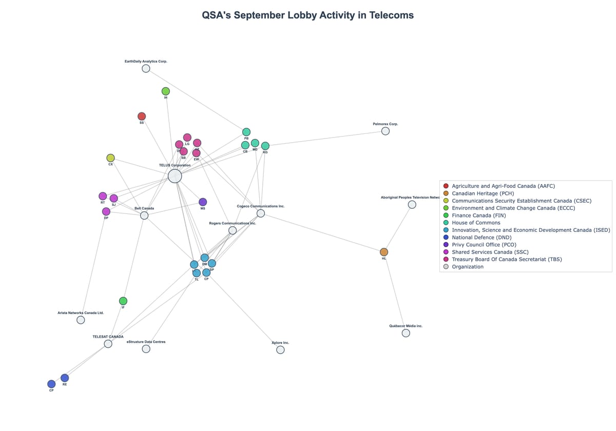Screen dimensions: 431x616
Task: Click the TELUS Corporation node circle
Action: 175,176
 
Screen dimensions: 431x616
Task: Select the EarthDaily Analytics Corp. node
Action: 146,68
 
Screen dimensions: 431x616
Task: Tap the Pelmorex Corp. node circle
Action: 386,131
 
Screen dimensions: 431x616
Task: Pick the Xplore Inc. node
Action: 280,350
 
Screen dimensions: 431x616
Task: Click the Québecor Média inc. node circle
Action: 406,333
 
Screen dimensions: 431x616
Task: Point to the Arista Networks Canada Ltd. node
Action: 81,320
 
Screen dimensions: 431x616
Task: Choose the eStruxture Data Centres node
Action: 146,349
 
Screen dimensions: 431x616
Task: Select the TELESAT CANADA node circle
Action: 108,344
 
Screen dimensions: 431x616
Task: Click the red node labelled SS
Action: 142,116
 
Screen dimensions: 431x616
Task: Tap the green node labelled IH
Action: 166,91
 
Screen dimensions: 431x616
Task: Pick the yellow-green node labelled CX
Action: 110,158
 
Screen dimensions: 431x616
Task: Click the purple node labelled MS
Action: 203,202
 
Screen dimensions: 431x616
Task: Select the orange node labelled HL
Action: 384,252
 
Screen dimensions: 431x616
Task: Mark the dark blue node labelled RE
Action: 65,378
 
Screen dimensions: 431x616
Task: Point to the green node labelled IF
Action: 123,301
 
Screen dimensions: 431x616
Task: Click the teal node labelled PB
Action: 246,132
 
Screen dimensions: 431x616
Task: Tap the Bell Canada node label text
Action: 144,209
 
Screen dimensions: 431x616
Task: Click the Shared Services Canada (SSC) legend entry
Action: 490,252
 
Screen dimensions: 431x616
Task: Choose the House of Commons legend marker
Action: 446,223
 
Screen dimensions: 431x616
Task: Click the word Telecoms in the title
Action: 390,15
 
